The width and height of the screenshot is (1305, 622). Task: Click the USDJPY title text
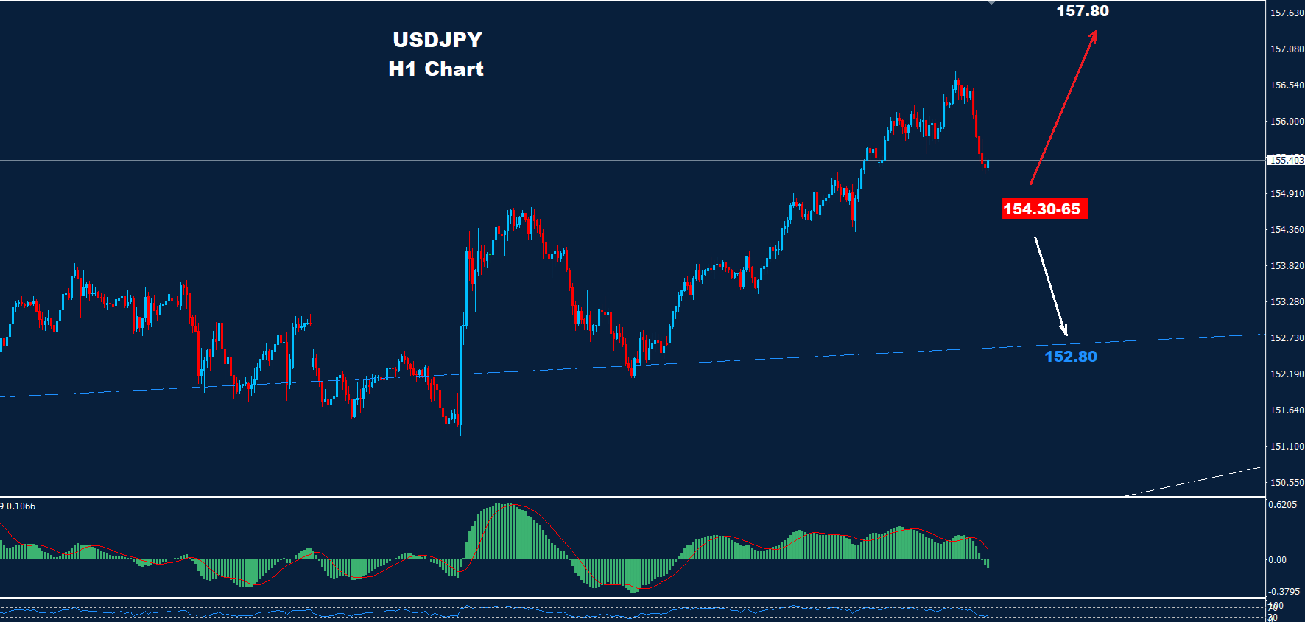[x=437, y=40]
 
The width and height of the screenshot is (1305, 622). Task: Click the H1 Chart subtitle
[x=436, y=69]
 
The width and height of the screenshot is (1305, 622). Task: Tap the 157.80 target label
[x=1082, y=11]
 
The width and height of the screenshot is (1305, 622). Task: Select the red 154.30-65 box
[x=1043, y=209]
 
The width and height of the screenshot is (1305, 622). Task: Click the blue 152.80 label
[x=1070, y=357]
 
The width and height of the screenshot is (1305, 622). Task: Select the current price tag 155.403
[x=1286, y=160]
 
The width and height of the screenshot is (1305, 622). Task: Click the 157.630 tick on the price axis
[x=1286, y=13]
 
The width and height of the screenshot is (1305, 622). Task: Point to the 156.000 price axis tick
[x=1286, y=122]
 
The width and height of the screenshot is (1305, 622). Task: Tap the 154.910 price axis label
[x=1286, y=194]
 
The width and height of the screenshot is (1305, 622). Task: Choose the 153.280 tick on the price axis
[x=1286, y=302]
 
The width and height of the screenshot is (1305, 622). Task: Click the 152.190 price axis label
[x=1286, y=374]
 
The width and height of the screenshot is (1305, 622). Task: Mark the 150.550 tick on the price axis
[x=1286, y=483]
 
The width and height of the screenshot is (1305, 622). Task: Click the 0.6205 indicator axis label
[x=1282, y=505]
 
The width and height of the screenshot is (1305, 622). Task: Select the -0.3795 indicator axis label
[x=1282, y=592]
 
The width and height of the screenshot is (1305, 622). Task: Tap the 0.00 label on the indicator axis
[x=1277, y=560]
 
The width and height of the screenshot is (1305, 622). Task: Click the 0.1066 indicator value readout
[x=20, y=506]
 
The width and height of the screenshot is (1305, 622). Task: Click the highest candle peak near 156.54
[x=956, y=75]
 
